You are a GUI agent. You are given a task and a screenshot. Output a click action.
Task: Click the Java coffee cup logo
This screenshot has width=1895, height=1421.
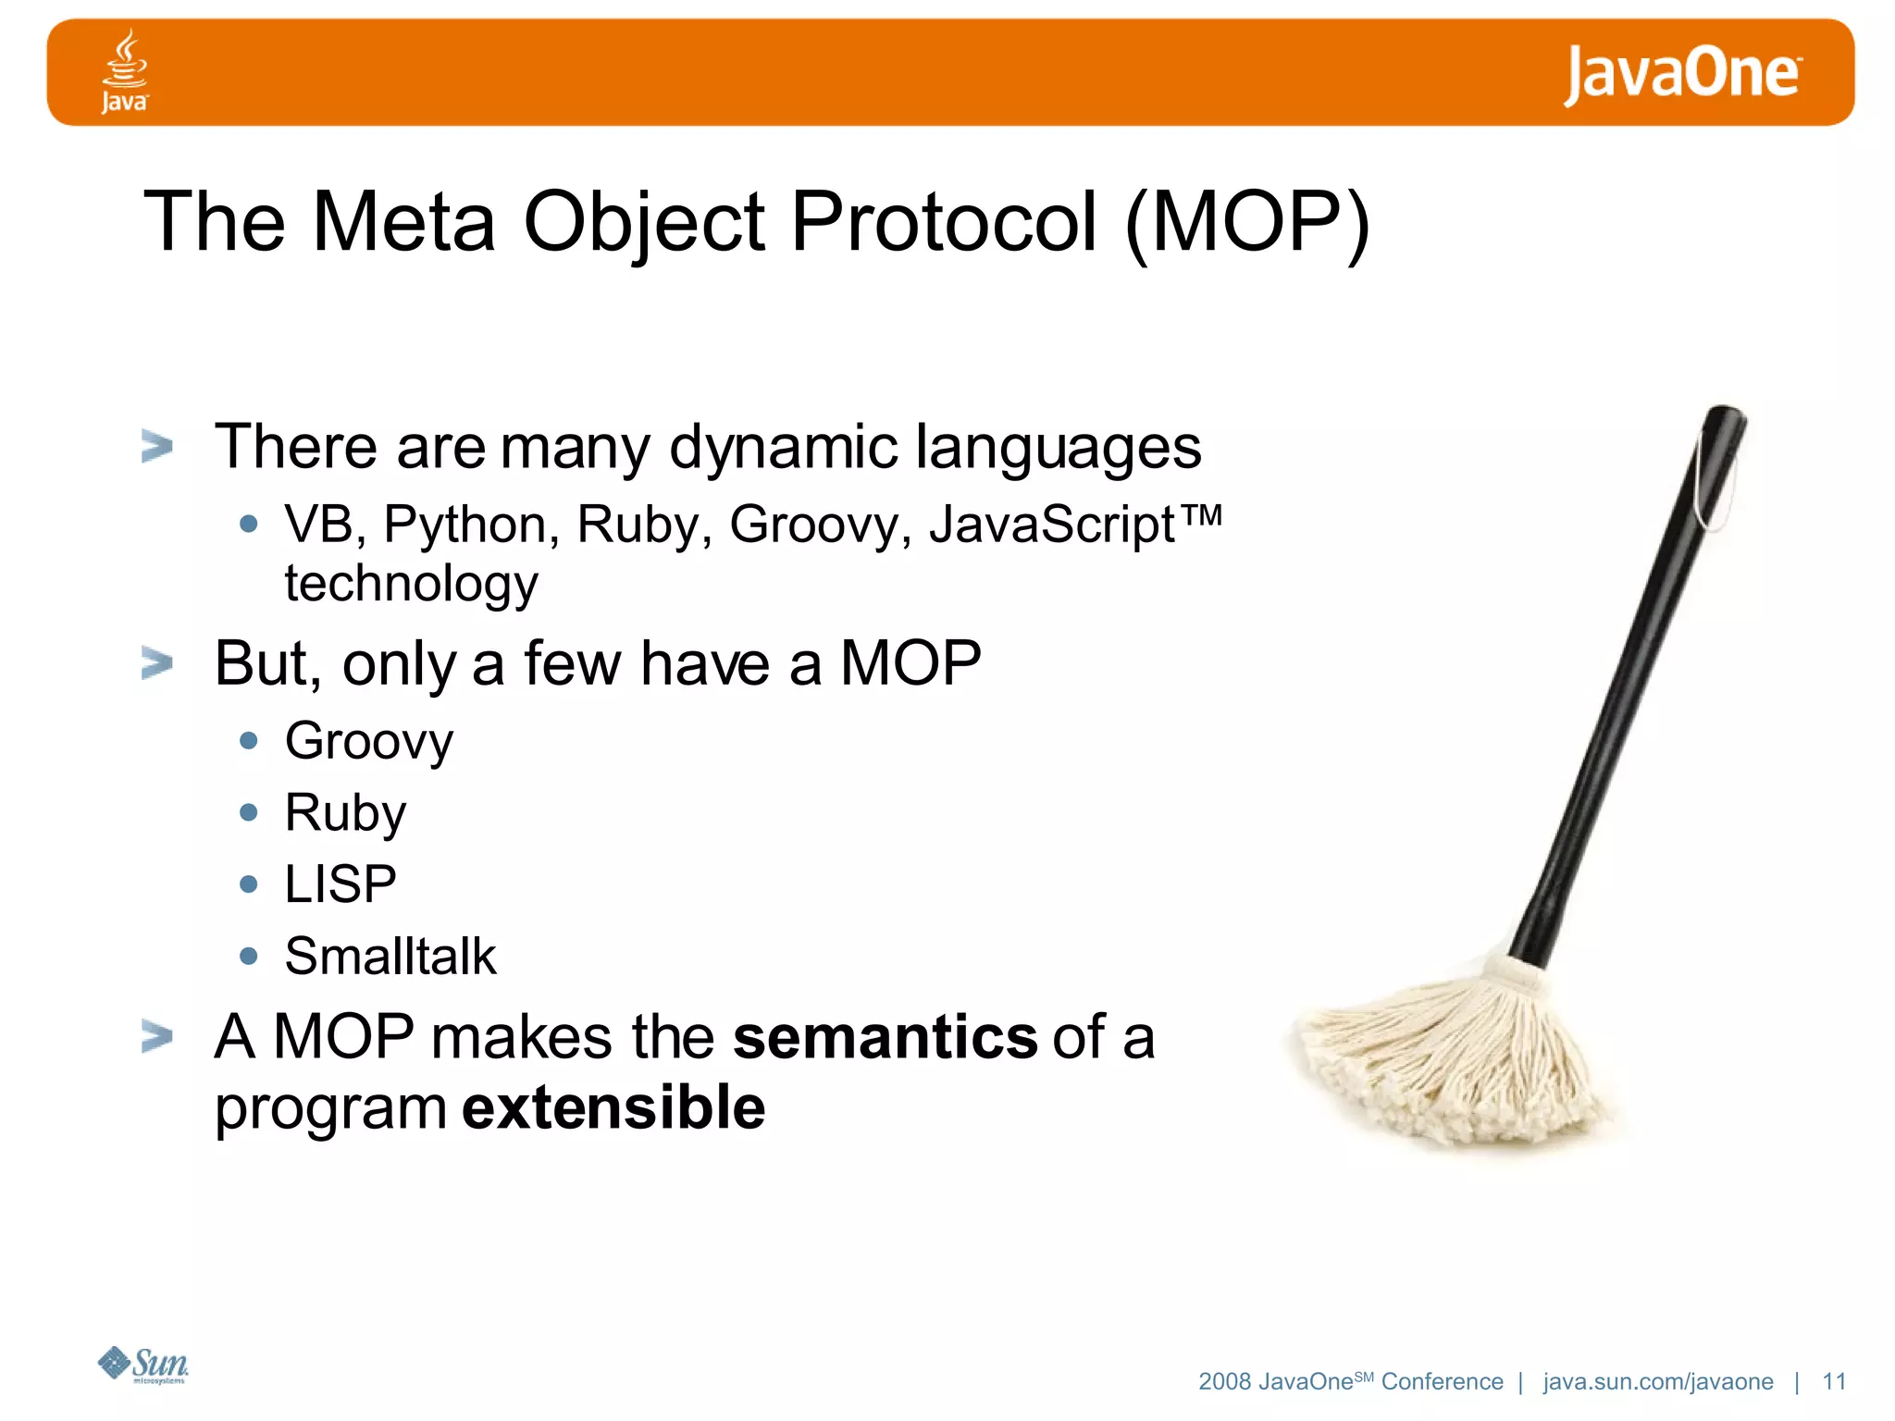[x=124, y=71]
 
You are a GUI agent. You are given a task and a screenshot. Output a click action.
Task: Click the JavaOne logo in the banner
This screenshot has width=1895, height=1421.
[x=1681, y=74]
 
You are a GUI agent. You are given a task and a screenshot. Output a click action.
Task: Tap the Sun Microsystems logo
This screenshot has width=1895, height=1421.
[x=144, y=1365]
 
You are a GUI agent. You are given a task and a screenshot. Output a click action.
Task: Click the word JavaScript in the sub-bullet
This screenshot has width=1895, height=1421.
[x=1051, y=524]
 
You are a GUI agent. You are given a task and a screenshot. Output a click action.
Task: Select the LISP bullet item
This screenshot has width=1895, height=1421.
[x=340, y=884]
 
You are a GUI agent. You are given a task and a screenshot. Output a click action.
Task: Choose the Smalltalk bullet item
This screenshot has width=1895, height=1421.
[x=390, y=957]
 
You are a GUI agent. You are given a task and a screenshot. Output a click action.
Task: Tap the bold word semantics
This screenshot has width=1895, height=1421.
[x=885, y=1036]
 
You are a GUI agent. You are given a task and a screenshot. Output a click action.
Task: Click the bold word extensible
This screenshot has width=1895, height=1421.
[x=613, y=1108]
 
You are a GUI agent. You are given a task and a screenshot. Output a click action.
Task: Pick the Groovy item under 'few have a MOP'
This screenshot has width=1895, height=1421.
[x=368, y=742]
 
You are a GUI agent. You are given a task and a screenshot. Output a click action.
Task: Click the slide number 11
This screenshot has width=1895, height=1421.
[x=1834, y=1381]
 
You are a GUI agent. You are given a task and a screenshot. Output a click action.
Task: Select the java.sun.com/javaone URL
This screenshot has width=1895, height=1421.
[x=1657, y=1381]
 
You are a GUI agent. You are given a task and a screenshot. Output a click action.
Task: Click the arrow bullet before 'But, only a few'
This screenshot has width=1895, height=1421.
[x=156, y=663]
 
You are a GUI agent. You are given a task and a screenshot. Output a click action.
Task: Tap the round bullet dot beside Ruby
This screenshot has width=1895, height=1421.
[x=248, y=812]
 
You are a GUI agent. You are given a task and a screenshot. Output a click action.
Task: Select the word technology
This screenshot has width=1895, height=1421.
[x=411, y=584]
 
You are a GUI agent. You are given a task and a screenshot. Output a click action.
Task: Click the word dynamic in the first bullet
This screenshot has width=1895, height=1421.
[x=783, y=448]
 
